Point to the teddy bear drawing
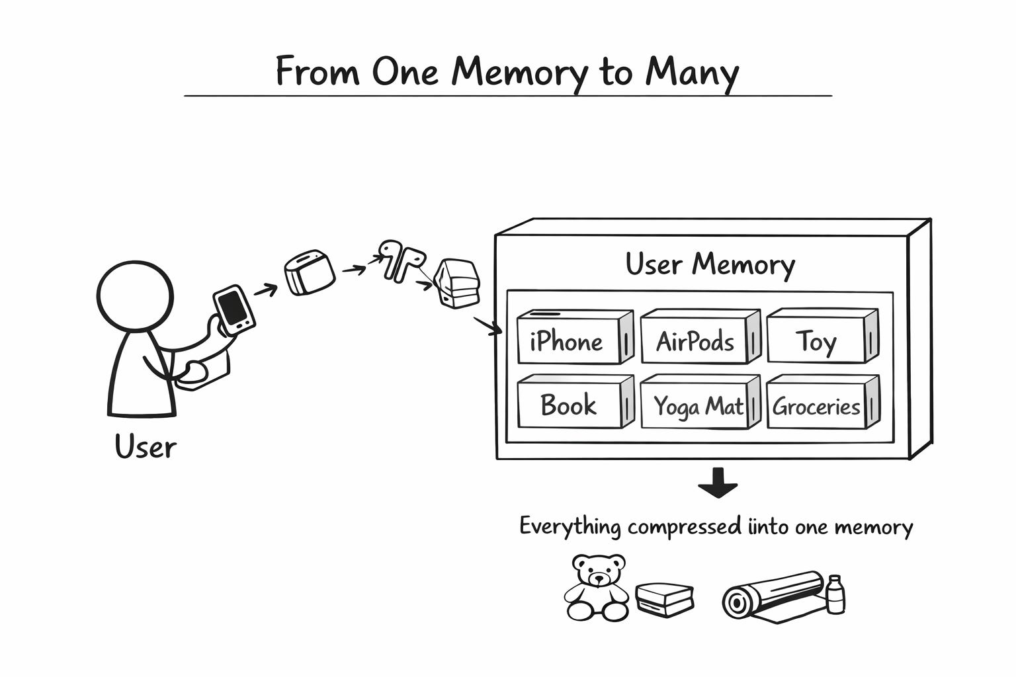597,587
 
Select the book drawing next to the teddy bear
665,599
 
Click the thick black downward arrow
718,483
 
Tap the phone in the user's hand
233,309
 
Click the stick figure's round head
135,295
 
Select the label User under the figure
146,447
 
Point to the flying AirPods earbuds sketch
400,259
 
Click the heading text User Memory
710,264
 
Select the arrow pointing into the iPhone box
488,326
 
